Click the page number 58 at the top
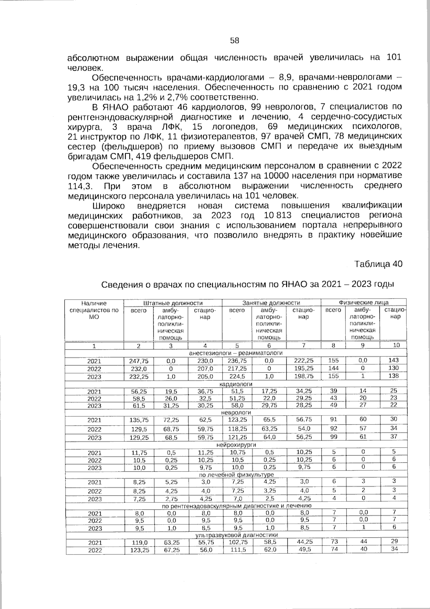pos(235,41)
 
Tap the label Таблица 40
pos(378,264)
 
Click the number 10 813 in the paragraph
pos(277,215)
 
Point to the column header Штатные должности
pos(173,303)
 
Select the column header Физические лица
pos(363,303)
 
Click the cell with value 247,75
pos(138,361)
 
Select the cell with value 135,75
pos(138,420)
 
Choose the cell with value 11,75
pos(138,453)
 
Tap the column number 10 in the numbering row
pos(396,345)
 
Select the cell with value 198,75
pos(304,376)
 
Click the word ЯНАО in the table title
pos(293,285)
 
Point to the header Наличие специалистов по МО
pos(94,310)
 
